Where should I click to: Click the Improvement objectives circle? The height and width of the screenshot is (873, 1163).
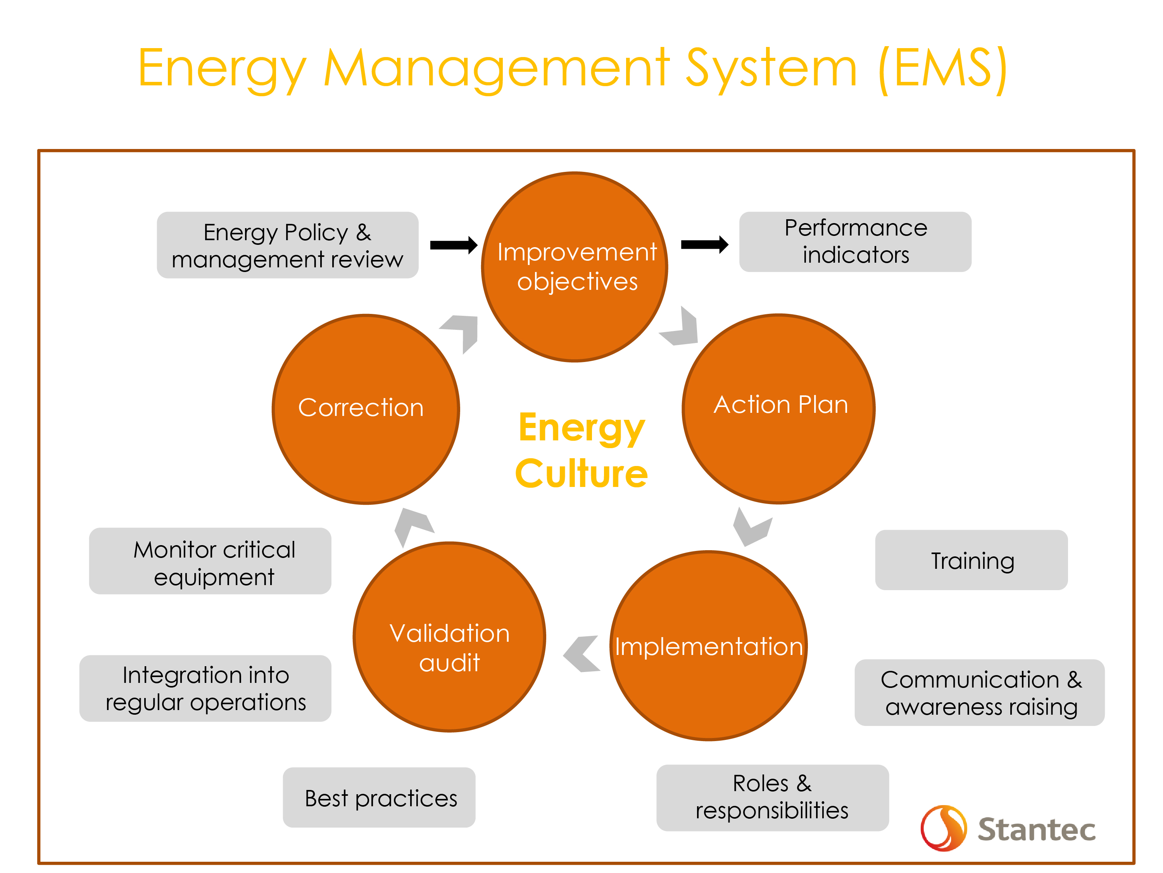tap(575, 267)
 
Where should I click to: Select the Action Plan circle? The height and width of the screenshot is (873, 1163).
tap(779, 409)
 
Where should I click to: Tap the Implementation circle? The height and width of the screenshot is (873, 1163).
tap(709, 646)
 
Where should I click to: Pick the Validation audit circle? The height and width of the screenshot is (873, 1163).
tap(450, 637)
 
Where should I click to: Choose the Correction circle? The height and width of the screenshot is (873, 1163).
tap(366, 409)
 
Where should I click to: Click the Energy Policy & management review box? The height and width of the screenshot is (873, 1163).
tap(288, 245)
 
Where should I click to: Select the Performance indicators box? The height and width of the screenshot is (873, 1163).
tap(856, 242)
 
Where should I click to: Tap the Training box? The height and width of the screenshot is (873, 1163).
tap(971, 560)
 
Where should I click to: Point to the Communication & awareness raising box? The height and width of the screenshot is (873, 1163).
tap(980, 693)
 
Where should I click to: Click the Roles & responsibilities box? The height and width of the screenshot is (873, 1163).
tap(772, 797)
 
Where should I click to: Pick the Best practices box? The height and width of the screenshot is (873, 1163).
tap(379, 797)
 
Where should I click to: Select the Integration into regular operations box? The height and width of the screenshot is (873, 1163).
tap(205, 688)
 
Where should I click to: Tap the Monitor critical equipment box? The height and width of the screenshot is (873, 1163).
tap(210, 561)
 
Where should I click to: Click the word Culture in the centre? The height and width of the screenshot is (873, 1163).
tap(581, 474)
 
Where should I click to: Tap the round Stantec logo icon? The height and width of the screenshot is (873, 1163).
tap(944, 828)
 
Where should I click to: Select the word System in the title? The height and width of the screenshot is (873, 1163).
tap(772, 68)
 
